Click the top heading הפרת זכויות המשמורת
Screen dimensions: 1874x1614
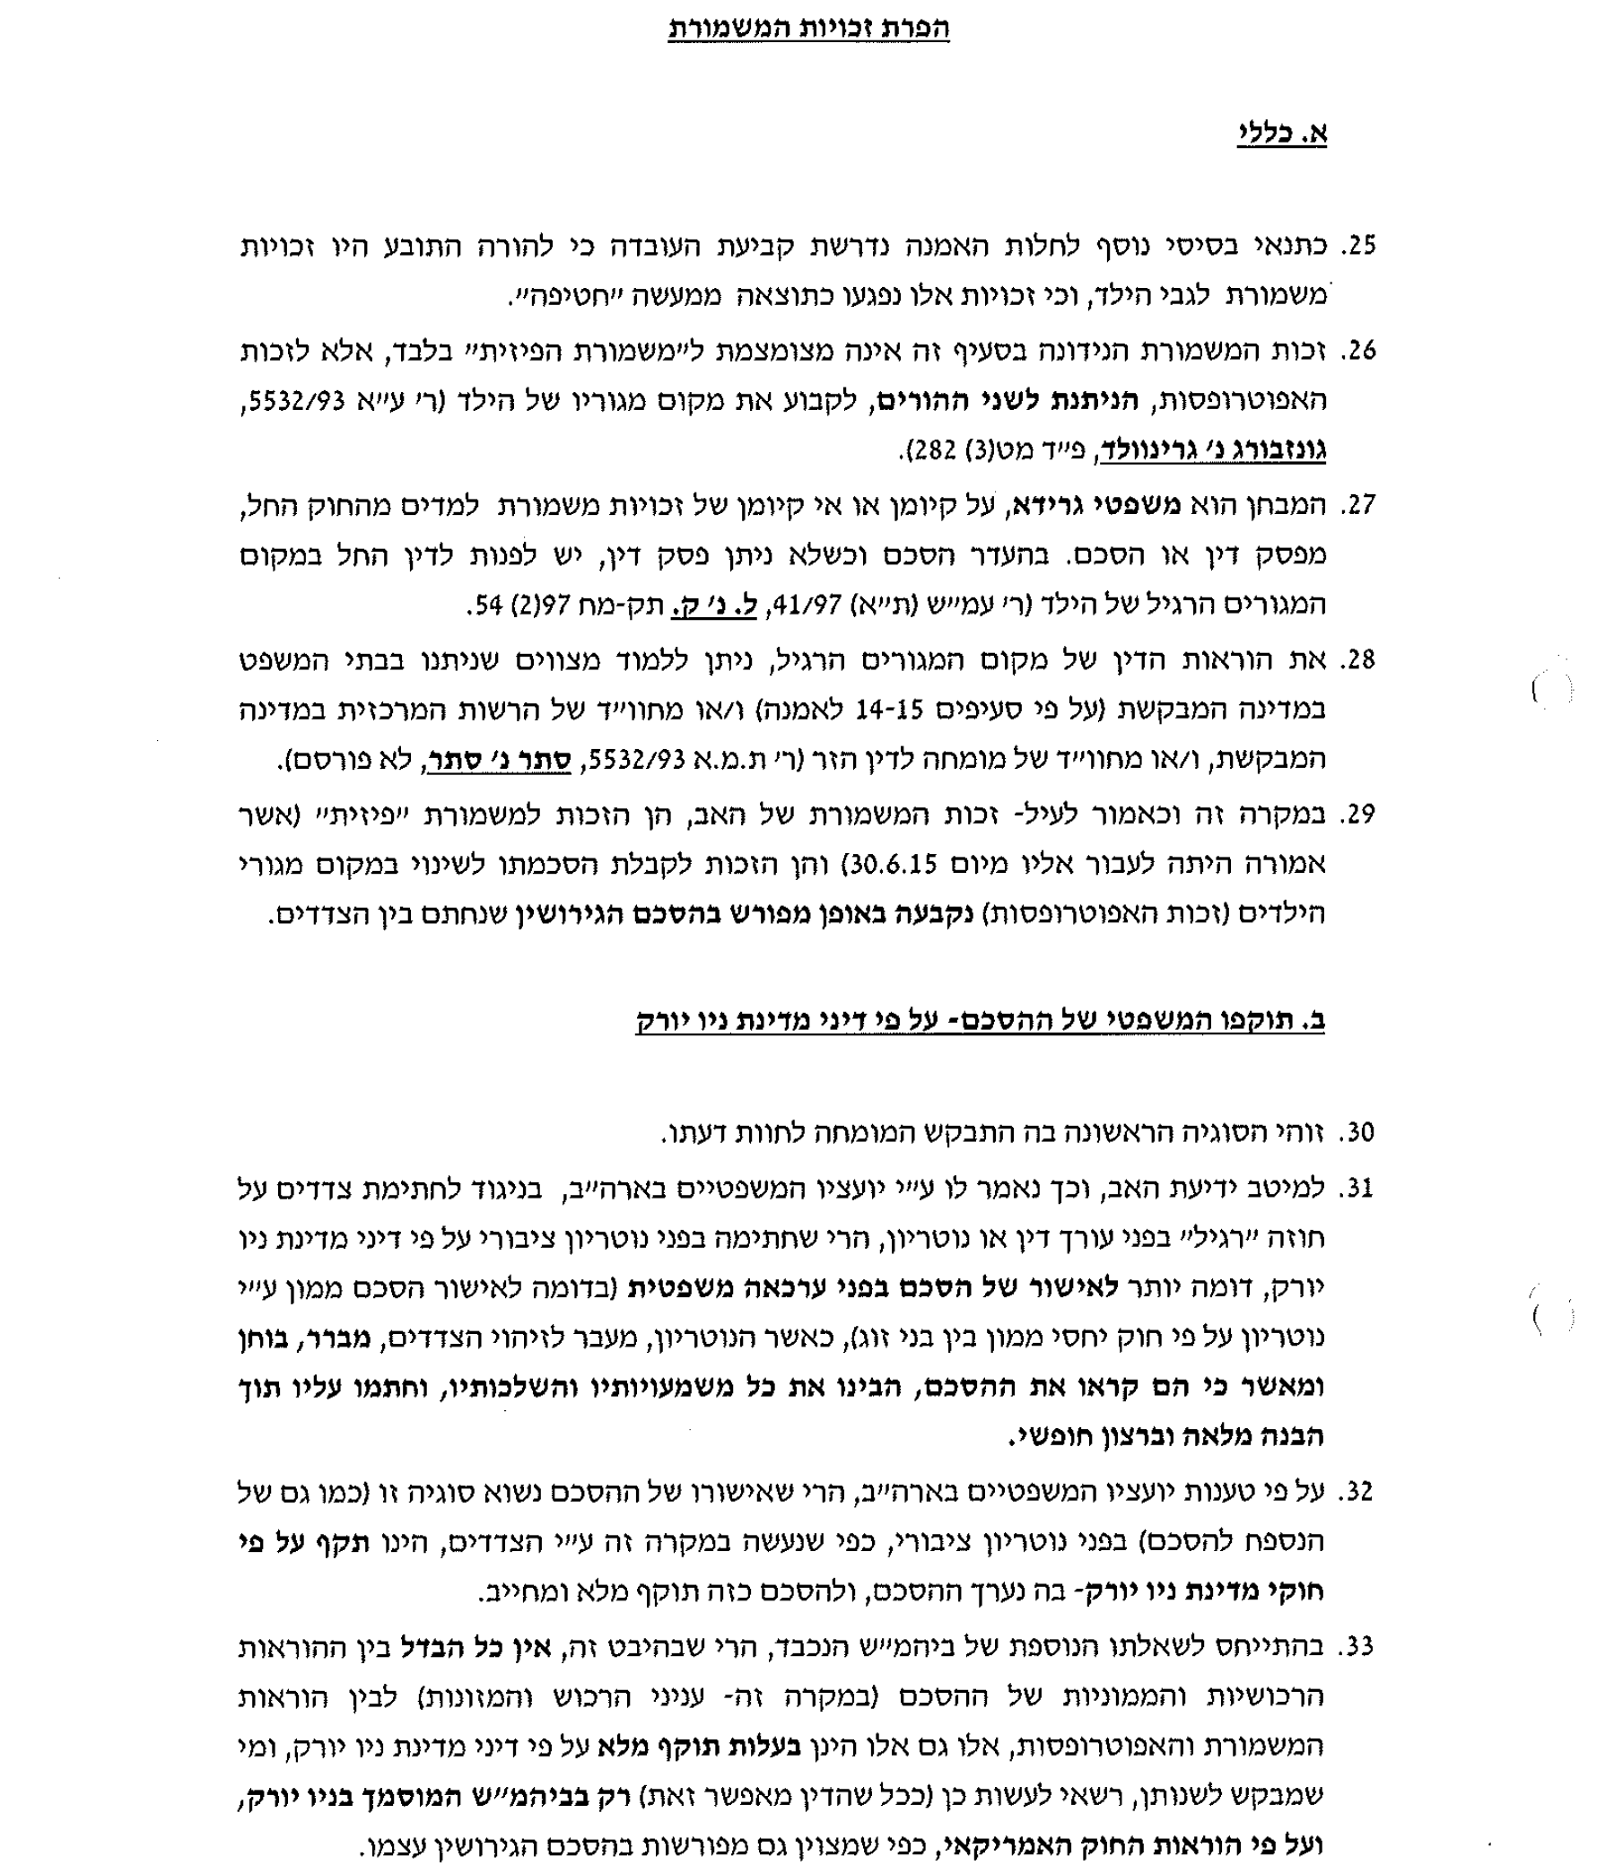click(x=809, y=28)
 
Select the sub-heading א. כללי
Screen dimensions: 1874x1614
click(x=1281, y=134)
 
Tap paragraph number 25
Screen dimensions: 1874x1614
click(x=1358, y=246)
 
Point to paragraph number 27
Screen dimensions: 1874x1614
click(x=1357, y=505)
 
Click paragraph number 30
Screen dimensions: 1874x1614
click(x=1357, y=1132)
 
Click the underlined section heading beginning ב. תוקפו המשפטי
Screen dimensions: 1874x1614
click(x=980, y=1020)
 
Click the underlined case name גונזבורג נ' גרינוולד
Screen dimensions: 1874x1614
click(x=1212, y=449)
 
